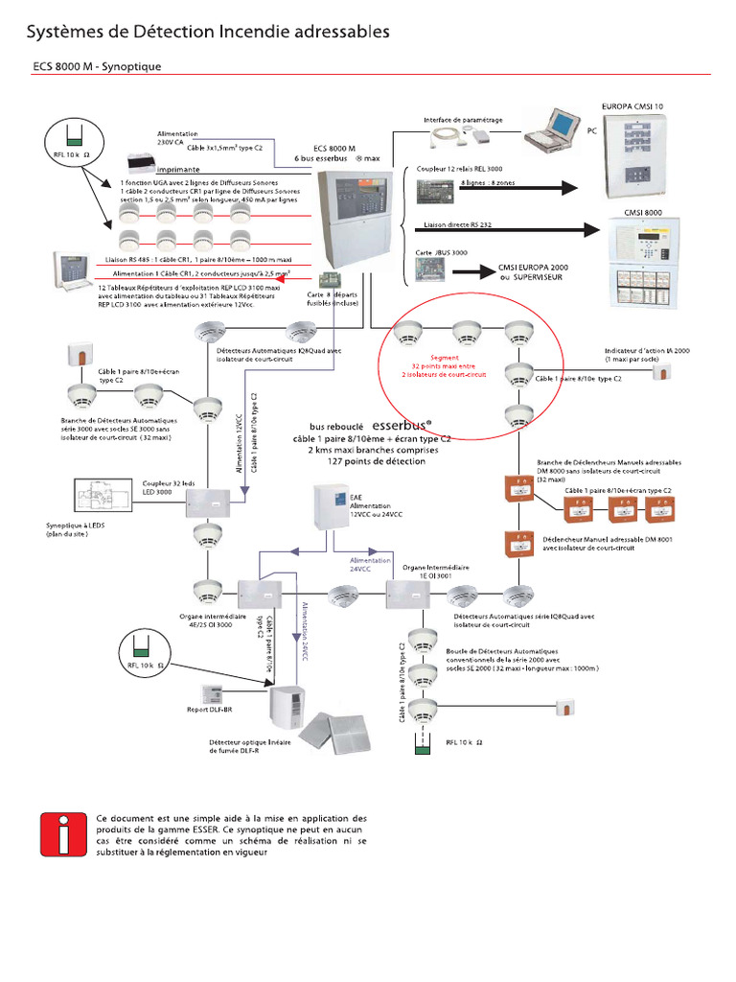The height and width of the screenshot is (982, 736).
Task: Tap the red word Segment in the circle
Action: [x=444, y=357]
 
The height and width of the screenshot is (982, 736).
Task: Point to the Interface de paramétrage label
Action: [x=463, y=120]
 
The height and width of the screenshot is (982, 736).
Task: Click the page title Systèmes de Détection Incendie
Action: [x=207, y=33]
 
